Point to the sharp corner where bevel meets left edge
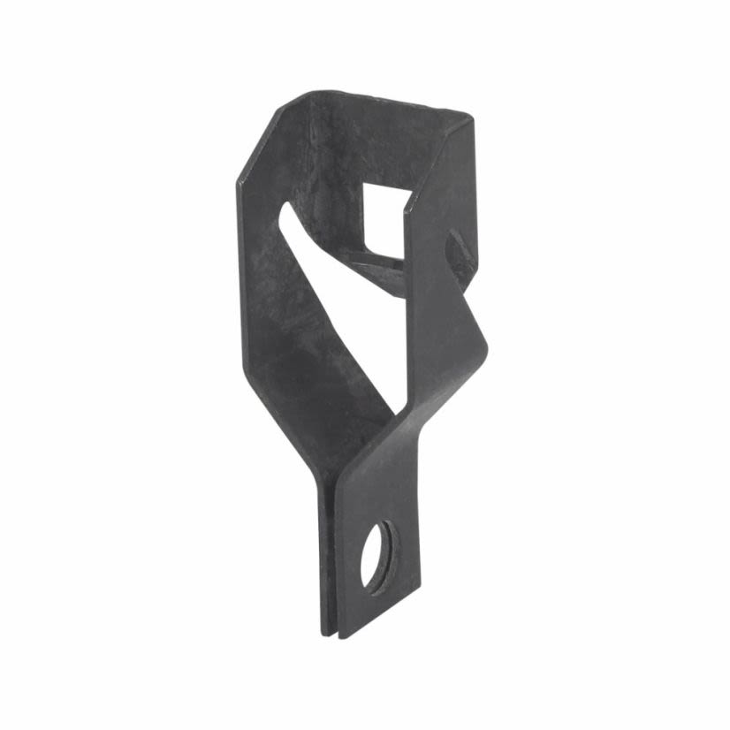pyautogui.click(x=238, y=183)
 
